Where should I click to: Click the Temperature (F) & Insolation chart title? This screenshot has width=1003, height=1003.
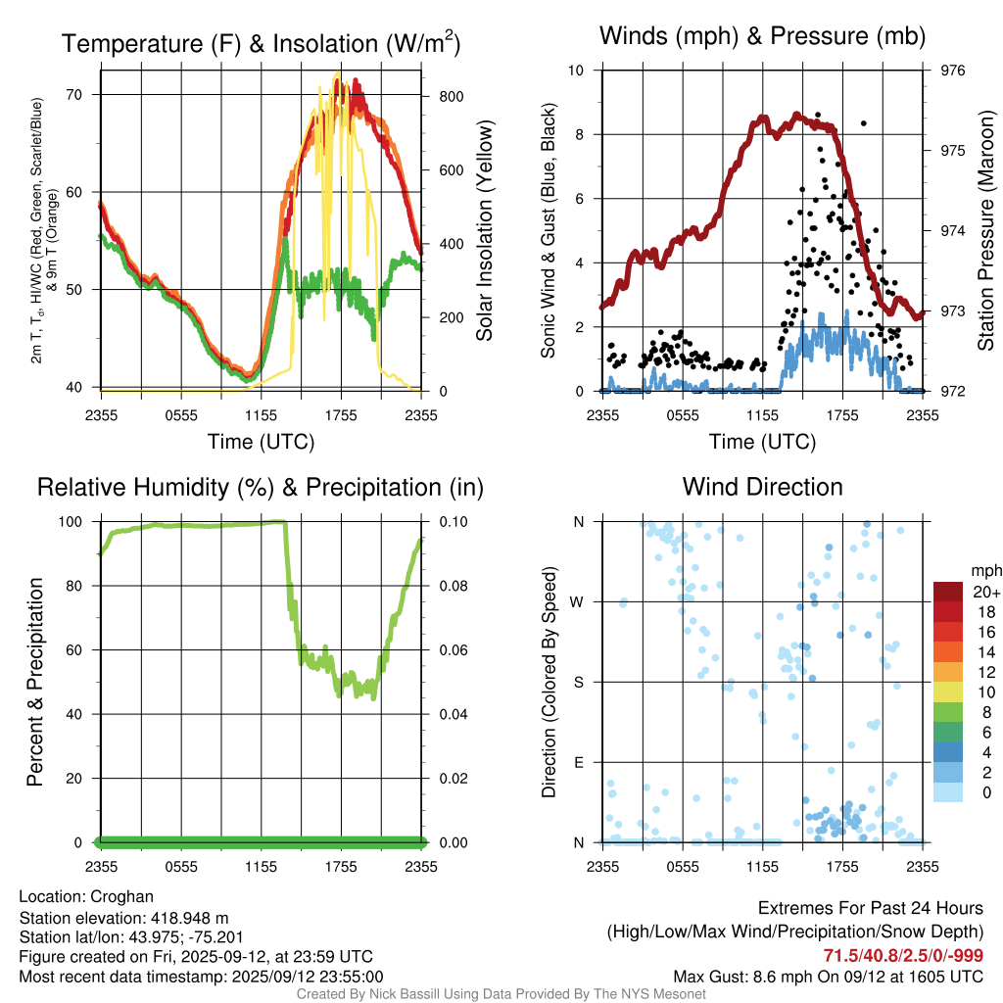click(261, 44)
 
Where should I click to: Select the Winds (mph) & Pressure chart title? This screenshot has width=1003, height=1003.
click(762, 37)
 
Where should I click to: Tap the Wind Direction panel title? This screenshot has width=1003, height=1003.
click(762, 487)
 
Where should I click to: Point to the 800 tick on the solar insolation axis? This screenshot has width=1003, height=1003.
click(437, 96)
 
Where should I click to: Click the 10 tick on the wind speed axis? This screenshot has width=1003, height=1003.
click(578, 71)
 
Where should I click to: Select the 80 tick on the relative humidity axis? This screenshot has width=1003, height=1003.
click(83, 586)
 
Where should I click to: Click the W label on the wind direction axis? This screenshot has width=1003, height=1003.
click(579, 601)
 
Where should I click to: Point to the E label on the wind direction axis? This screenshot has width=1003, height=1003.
click(579, 762)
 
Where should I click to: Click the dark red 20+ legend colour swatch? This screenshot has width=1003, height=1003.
click(949, 592)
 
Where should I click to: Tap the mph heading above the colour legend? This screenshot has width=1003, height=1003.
click(984, 570)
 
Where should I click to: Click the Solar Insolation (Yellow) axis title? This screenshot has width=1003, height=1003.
click(484, 231)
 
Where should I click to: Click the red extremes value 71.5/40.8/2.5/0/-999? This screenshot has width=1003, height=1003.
click(903, 956)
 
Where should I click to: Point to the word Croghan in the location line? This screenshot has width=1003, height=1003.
click(121, 897)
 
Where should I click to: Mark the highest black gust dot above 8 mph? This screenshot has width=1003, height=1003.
click(819, 115)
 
